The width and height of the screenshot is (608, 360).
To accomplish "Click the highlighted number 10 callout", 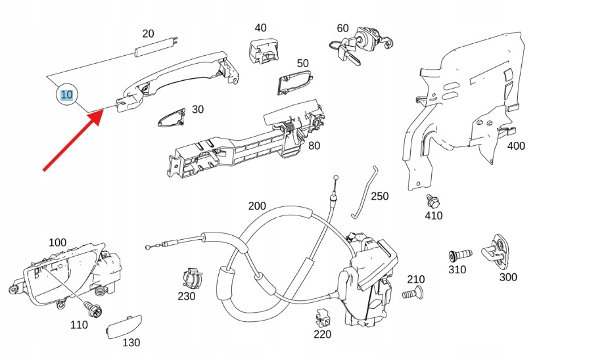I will (66, 95).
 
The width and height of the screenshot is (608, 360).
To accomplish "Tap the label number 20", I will (149, 34).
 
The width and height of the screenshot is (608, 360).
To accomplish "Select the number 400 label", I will (516, 146).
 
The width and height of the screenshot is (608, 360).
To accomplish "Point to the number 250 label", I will (380, 196).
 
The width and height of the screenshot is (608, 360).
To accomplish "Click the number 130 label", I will (131, 342).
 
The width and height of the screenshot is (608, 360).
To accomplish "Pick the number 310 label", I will (457, 269).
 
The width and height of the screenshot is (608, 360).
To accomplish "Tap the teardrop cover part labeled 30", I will (172, 118).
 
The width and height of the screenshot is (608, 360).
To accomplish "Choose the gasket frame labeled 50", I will (294, 83).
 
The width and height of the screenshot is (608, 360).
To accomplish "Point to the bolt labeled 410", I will (433, 200).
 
